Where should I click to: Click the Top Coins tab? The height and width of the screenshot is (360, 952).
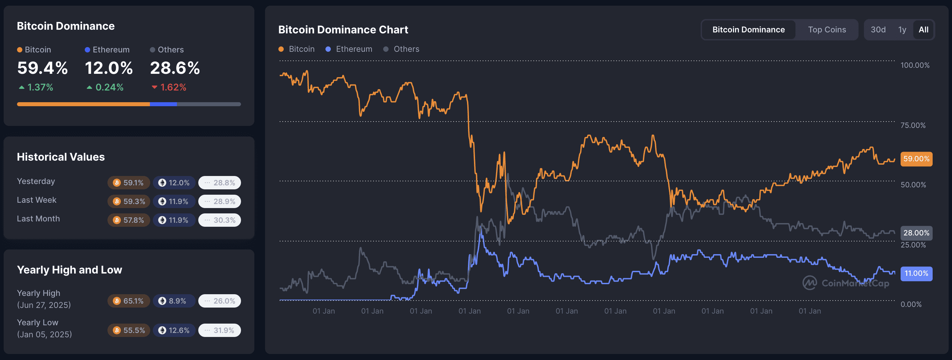pyautogui.click(x=827, y=30)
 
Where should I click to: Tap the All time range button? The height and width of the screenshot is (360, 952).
pyautogui.click(x=923, y=30)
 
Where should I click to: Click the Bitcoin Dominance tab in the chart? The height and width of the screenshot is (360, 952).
pyautogui.click(x=748, y=30)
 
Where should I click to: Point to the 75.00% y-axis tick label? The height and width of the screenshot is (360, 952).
pyautogui.click(x=913, y=125)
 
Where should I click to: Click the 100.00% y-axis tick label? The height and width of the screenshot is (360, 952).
pyautogui.click(x=915, y=65)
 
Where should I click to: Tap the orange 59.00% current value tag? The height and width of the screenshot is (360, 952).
pyautogui.click(x=916, y=159)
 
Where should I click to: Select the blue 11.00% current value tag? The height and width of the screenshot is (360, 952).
pyautogui.click(x=916, y=274)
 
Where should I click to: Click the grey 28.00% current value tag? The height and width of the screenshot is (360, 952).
pyautogui.click(x=916, y=233)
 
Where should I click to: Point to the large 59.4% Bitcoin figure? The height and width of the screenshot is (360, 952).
pyautogui.click(x=42, y=68)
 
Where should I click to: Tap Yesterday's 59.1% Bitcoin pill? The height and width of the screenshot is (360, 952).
pyautogui.click(x=129, y=183)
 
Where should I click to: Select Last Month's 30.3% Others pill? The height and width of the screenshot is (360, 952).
pyautogui.click(x=220, y=220)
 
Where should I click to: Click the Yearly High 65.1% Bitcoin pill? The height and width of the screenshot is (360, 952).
pyautogui.click(x=129, y=301)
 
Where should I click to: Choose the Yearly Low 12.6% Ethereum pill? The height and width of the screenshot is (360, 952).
pyautogui.click(x=174, y=330)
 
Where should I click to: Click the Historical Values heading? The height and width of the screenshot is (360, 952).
pyautogui.click(x=61, y=157)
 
